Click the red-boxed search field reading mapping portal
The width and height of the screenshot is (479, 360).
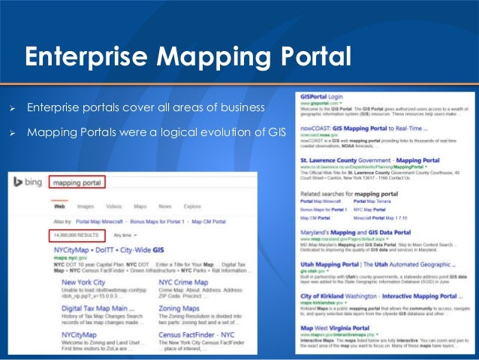tap(77, 182)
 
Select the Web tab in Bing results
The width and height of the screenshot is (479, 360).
tap(58, 205)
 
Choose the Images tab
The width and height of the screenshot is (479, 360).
tap(86, 205)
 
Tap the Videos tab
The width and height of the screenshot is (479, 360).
tap(113, 205)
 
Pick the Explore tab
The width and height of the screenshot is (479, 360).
tap(192, 205)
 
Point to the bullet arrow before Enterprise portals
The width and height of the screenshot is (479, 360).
tap(13, 109)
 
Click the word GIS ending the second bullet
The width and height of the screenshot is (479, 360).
tap(276, 133)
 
